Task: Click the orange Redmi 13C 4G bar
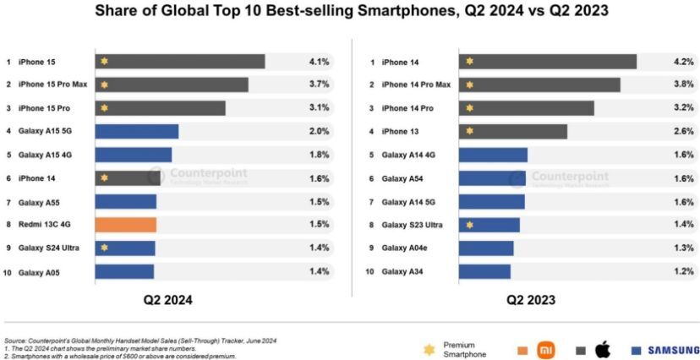126,225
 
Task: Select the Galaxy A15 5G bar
137,132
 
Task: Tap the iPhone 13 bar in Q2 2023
513,132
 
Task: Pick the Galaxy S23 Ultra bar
489,225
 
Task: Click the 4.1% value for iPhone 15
318,62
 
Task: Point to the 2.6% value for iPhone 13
683,132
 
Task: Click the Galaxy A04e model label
405,248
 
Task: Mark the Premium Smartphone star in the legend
429,349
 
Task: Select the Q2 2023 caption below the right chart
532,300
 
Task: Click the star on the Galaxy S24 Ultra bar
104,248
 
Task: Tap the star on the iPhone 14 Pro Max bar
469,85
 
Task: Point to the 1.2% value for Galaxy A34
683,271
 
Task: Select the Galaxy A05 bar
124,271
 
